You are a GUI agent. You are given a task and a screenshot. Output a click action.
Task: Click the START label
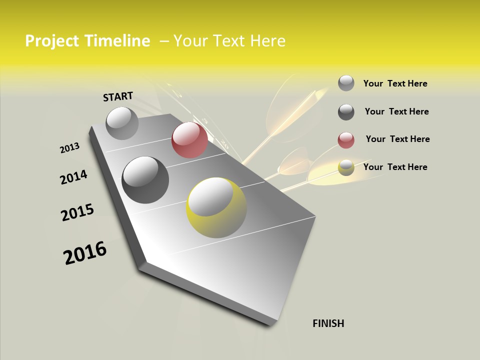[x=118, y=96]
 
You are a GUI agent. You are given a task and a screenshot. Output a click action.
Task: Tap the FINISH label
[x=328, y=323]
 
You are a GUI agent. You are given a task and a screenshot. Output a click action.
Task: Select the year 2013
[x=69, y=147]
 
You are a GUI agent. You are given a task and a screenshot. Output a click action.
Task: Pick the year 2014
[x=73, y=177]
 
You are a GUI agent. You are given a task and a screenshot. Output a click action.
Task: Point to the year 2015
[x=77, y=212]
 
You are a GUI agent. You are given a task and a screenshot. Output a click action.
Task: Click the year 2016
[x=85, y=252]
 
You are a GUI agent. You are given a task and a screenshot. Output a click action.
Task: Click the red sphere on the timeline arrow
[x=189, y=140]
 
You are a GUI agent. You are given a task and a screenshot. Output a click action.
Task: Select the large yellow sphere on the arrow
[x=216, y=207]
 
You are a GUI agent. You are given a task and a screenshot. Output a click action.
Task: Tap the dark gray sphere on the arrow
[x=145, y=179]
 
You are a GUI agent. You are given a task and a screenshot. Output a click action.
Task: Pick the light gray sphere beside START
[x=122, y=123]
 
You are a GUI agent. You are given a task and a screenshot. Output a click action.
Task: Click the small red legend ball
[x=346, y=140]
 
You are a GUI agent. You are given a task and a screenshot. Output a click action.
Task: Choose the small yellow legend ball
[x=346, y=167]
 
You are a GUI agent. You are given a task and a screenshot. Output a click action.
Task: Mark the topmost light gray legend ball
[x=346, y=83]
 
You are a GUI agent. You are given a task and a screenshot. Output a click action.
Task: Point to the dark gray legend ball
[x=346, y=112]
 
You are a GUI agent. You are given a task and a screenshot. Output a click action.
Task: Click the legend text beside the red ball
[x=397, y=139]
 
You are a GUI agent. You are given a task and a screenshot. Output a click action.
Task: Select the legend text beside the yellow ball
[x=395, y=167]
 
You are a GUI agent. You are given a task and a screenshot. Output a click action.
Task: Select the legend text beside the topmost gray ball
[x=395, y=83]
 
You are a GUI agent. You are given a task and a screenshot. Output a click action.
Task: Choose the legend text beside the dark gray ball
[x=396, y=111]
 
